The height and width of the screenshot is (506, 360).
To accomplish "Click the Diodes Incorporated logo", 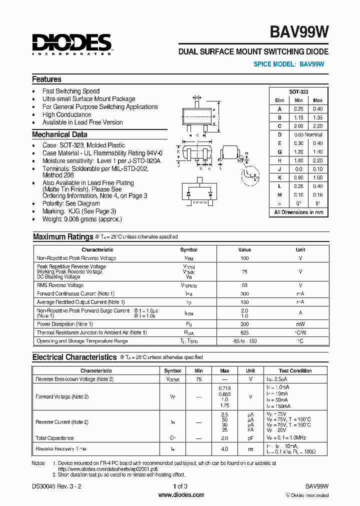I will [x=71, y=43].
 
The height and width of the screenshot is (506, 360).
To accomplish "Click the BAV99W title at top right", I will [x=299, y=32].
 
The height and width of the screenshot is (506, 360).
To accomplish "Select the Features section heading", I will [x=46, y=79].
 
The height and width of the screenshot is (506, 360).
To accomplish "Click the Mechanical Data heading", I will [x=59, y=134].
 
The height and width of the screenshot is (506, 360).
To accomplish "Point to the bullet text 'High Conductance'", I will [x=66, y=114].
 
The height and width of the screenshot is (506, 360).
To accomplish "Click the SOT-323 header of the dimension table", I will [x=298, y=91].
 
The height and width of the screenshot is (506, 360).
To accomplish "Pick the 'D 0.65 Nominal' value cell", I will [x=307, y=134].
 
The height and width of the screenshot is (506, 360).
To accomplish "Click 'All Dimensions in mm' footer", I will [x=298, y=212].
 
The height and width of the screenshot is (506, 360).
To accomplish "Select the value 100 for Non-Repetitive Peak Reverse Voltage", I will [x=244, y=258].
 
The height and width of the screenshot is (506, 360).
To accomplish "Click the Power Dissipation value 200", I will [x=244, y=324].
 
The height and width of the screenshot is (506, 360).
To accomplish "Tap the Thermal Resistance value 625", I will [x=244, y=332].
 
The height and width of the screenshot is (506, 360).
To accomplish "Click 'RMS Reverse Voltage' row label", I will [x=60, y=285].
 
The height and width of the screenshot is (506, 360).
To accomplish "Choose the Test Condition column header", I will [x=295, y=370].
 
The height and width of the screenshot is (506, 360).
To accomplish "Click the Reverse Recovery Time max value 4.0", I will [x=224, y=449].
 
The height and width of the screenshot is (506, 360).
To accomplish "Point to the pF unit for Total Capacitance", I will [x=250, y=438].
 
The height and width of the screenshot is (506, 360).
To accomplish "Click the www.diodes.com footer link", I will [x=181, y=495].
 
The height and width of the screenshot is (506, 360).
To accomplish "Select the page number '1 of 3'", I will [x=180, y=486].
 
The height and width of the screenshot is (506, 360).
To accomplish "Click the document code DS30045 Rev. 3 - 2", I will [x=56, y=486].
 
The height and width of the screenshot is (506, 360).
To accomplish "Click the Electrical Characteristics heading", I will [x=74, y=357].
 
